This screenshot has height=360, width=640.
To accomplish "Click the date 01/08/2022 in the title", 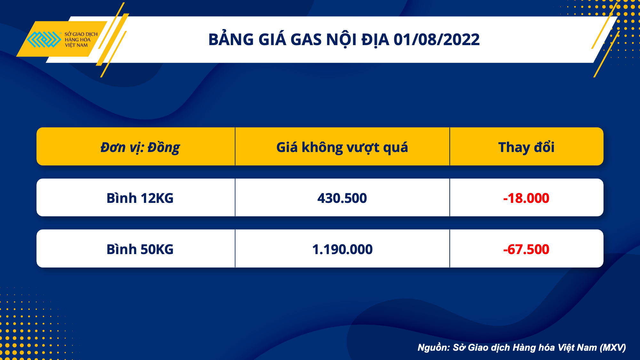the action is coord(436,40).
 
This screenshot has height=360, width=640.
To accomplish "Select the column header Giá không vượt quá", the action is coord(342,148).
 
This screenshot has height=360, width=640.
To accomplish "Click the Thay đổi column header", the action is coord(526,147).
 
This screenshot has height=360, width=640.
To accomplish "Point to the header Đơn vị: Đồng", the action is coord(140,148).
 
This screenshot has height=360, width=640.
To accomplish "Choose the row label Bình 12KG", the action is coord(140,198).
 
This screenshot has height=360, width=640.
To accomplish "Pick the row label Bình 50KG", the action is coord(140,249).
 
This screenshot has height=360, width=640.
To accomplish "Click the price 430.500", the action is coord(342,198).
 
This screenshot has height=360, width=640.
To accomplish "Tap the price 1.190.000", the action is coord(342,250).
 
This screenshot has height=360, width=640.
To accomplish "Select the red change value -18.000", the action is coord(526,198).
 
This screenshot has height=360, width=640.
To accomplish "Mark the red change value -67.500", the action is coord(526,250).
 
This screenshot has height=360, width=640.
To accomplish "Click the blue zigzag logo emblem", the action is coord(44,39).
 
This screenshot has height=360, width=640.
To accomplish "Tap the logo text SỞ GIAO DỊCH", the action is coord(81,34).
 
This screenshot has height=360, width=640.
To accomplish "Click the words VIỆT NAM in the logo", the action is coord(76,45).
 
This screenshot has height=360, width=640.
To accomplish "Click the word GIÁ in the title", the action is coord(272,39).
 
